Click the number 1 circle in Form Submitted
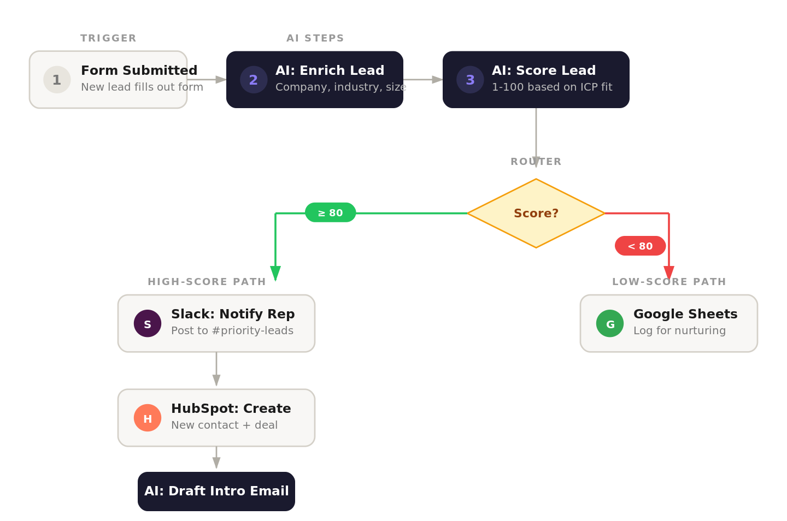(x=57, y=80)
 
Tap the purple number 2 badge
(x=254, y=80)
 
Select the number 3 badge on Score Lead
(x=470, y=80)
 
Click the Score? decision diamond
(x=536, y=213)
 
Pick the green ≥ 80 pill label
(x=330, y=212)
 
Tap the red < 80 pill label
(x=640, y=246)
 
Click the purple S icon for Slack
(x=148, y=323)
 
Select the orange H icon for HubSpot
(x=148, y=418)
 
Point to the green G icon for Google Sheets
(x=610, y=323)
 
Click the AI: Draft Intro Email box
(x=216, y=491)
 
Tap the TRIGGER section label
(x=108, y=38)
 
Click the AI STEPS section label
(x=315, y=38)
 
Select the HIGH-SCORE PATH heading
(x=207, y=282)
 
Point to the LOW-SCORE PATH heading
(x=669, y=282)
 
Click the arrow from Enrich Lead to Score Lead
(x=422, y=80)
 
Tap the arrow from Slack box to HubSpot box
(x=216, y=369)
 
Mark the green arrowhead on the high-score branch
(x=275, y=273)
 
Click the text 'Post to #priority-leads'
(x=232, y=331)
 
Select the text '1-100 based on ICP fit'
(x=552, y=87)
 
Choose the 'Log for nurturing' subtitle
(x=679, y=331)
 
